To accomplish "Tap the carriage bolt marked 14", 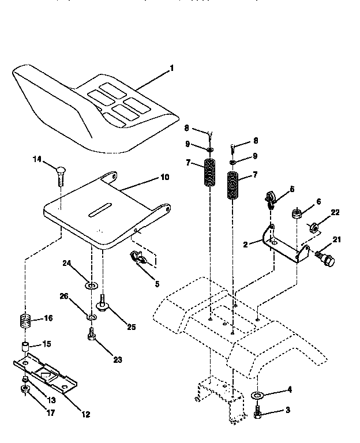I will coord(61,173).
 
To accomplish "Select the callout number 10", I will coord(164,178).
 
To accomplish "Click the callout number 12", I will coord(87,414).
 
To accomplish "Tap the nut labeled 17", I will coord(26,393).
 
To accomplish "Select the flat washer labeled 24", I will coord(91,284).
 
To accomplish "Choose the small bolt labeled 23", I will coord(91,335).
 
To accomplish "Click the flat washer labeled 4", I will coord(258,395).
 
